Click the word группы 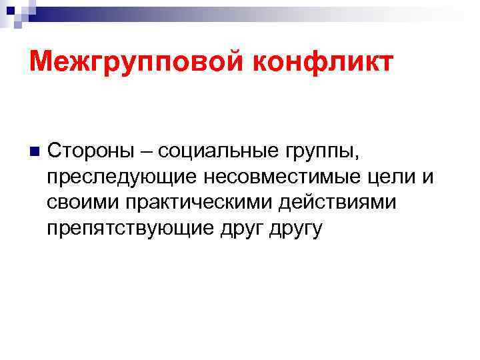pyautogui.click(x=321, y=153)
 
